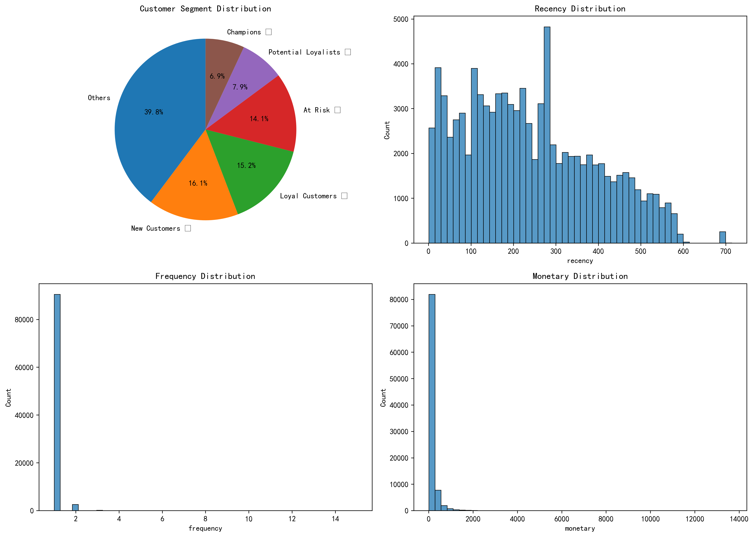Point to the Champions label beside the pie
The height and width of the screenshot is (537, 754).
click(x=244, y=32)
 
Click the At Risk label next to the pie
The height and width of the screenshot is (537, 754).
click(x=316, y=110)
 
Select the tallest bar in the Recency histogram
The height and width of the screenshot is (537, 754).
click(x=547, y=132)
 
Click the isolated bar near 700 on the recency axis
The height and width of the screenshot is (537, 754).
click(x=723, y=237)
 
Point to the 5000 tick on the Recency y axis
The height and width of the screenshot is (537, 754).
click(x=401, y=19)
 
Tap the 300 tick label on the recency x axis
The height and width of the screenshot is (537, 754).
click(x=556, y=251)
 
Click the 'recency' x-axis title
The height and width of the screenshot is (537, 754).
click(x=580, y=261)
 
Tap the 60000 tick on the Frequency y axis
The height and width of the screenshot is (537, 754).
click(x=24, y=367)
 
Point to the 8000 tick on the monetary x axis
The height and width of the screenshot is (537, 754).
click(x=606, y=519)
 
